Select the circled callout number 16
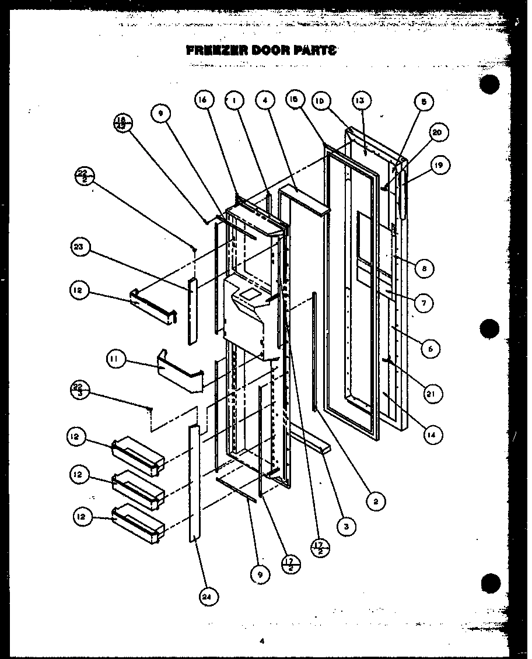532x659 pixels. pyautogui.click(x=202, y=101)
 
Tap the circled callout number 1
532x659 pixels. pyautogui.click(x=234, y=101)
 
